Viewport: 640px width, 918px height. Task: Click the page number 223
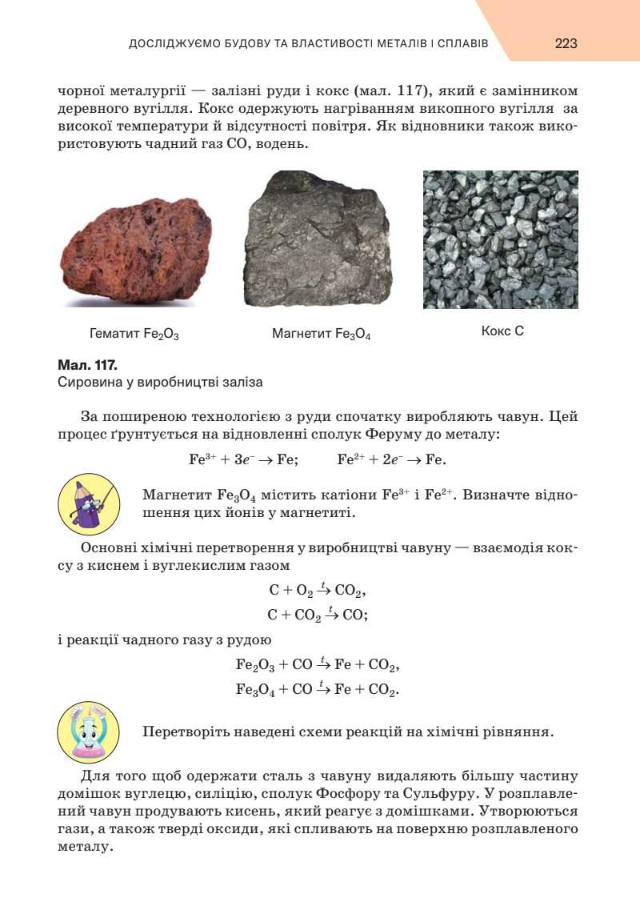click(566, 43)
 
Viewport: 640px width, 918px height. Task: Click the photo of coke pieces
click(500, 239)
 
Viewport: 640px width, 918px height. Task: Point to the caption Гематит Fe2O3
click(134, 333)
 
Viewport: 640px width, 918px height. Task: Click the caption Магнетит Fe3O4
click(321, 333)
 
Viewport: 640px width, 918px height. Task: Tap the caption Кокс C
click(502, 330)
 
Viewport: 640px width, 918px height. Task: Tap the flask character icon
click(89, 732)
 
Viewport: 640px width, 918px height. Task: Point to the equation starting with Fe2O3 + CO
click(318, 664)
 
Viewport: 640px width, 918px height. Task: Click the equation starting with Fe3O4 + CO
click(318, 688)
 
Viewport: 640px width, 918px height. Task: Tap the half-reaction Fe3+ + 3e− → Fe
click(243, 459)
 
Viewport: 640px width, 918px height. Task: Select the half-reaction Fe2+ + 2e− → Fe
click(392, 459)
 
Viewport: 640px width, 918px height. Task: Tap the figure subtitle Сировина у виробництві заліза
click(161, 383)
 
